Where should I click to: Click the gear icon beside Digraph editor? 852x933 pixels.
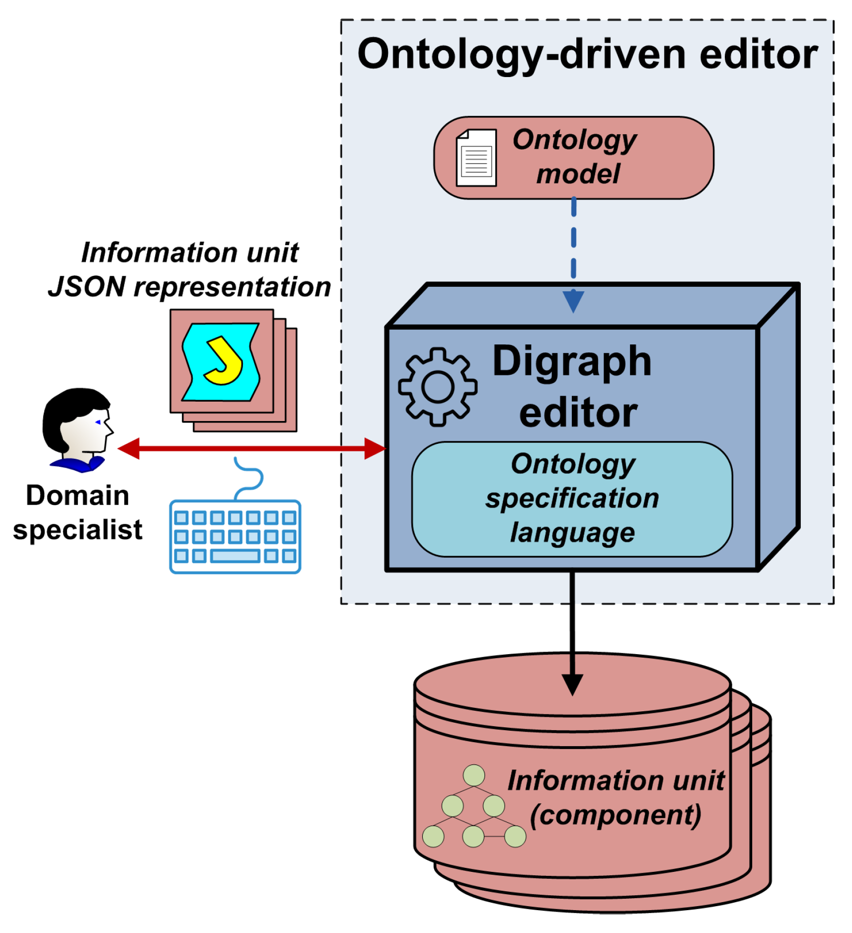click(x=437, y=386)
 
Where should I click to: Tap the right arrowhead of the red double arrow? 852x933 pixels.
click(x=375, y=448)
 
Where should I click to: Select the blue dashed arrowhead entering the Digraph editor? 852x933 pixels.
click(x=573, y=301)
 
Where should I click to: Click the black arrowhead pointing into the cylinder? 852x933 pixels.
click(x=572, y=684)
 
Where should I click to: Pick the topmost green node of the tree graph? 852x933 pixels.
click(x=473, y=774)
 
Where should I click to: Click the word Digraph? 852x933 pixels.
click(x=571, y=361)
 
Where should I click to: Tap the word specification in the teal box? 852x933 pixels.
click(x=572, y=498)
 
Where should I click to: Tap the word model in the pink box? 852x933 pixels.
click(x=578, y=174)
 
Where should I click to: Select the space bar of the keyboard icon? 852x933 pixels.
click(x=234, y=555)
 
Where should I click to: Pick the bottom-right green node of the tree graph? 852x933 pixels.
click(x=515, y=836)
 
